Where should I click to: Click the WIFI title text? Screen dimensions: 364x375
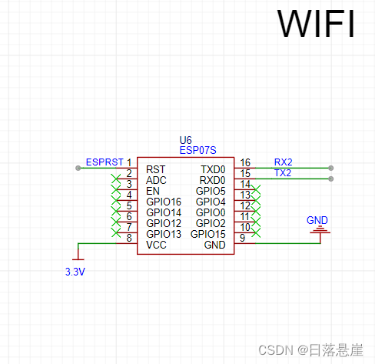(x=316, y=24)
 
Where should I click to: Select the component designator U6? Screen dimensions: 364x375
(x=185, y=140)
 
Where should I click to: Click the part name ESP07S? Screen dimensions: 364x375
(x=197, y=151)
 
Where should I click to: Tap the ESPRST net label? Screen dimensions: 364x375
(x=104, y=162)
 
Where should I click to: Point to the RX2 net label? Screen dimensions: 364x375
(x=283, y=162)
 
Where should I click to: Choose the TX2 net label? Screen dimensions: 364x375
(x=283, y=173)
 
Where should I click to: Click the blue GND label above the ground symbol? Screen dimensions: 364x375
(x=317, y=220)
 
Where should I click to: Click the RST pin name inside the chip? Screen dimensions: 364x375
(x=155, y=169)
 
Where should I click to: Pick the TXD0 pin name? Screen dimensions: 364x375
(x=213, y=169)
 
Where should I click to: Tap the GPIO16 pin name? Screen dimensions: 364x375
(x=164, y=202)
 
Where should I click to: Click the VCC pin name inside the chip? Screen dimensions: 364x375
(x=156, y=245)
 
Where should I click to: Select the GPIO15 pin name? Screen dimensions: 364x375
(x=208, y=234)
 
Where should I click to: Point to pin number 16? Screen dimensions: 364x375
(x=245, y=163)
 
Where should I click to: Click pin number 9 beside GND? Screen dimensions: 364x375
(x=243, y=239)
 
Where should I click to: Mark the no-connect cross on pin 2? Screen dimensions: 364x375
(x=116, y=179)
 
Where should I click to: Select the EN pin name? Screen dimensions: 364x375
(x=152, y=191)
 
